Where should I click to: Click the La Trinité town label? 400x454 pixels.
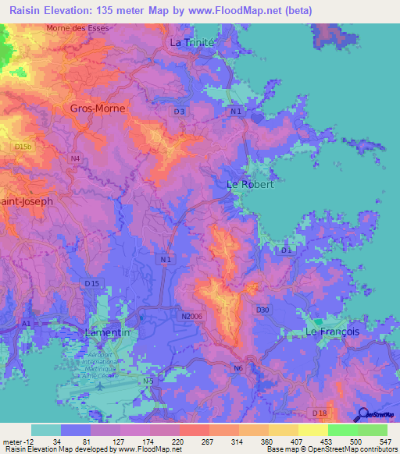(x=192, y=43)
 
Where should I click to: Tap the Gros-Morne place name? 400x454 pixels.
(x=98, y=109)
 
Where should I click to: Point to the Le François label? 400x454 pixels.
(x=332, y=332)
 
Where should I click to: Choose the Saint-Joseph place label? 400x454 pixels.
(x=27, y=201)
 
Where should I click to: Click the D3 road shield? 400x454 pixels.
(x=180, y=112)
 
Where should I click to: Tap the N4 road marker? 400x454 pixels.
(x=75, y=159)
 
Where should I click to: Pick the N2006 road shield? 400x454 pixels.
(x=191, y=316)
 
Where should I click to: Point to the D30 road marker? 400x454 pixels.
(x=262, y=310)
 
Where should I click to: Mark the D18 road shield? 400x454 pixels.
(x=318, y=413)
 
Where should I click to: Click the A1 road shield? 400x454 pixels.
(x=27, y=323)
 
